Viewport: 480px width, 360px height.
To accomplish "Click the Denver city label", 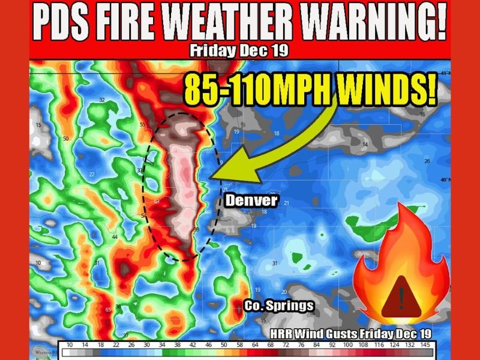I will [251, 200].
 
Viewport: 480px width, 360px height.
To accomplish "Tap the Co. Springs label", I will [278, 306].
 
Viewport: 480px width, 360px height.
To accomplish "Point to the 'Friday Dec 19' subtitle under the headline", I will [239, 50].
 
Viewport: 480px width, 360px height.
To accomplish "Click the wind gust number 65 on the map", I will [108, 310].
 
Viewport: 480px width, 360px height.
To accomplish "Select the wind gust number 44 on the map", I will [114, 237].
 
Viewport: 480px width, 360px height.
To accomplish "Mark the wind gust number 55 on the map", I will [143, 125].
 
